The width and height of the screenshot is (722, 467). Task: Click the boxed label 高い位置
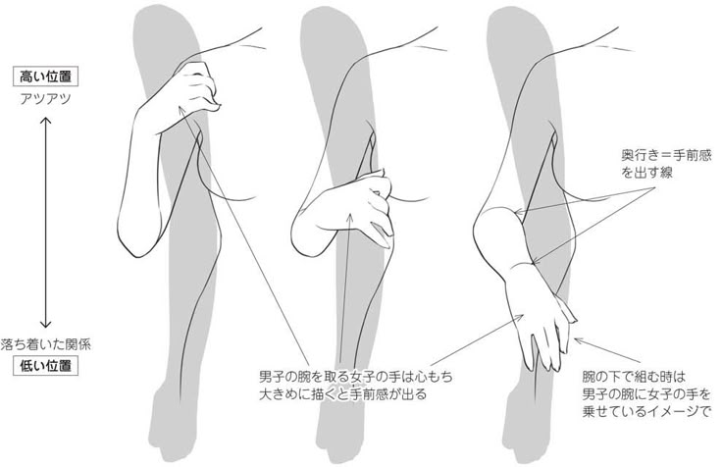coord(45,77)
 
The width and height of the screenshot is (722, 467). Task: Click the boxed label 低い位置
coord(45,366)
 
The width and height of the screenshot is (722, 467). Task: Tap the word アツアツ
coord(45,99)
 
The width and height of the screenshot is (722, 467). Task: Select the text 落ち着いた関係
coord(45,344)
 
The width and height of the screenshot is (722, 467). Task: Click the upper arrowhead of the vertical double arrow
coord(45,121)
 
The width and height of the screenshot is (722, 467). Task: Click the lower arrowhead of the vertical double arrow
coord(45,324)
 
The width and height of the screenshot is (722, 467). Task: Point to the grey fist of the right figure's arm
coord(525,426)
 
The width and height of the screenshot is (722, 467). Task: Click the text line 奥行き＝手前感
coord(666,156)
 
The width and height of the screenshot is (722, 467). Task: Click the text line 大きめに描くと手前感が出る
coord(342,394)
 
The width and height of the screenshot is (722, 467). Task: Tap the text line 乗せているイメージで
coord(647,411)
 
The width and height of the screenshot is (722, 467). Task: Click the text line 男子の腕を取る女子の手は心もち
coord(355,377)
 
